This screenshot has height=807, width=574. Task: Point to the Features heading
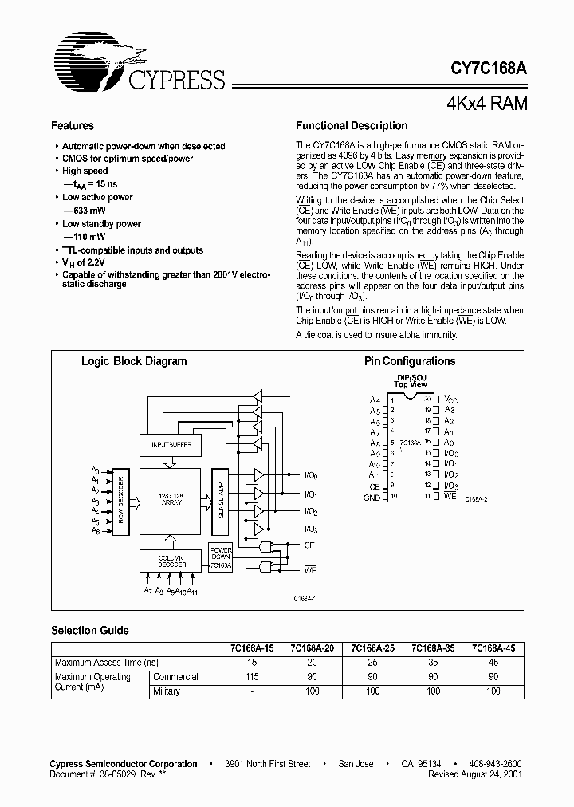[73, 126]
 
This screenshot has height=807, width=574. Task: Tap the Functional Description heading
[352, 126]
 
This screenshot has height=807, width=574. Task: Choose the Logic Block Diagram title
[134, 361]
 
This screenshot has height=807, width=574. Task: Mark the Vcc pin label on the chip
[451, 399]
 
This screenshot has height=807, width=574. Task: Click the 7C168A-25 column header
[372, 648]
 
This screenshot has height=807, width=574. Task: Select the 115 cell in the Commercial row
[253, 677]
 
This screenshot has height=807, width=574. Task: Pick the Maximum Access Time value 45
[493, 663]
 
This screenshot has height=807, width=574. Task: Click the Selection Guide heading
[90, 630]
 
